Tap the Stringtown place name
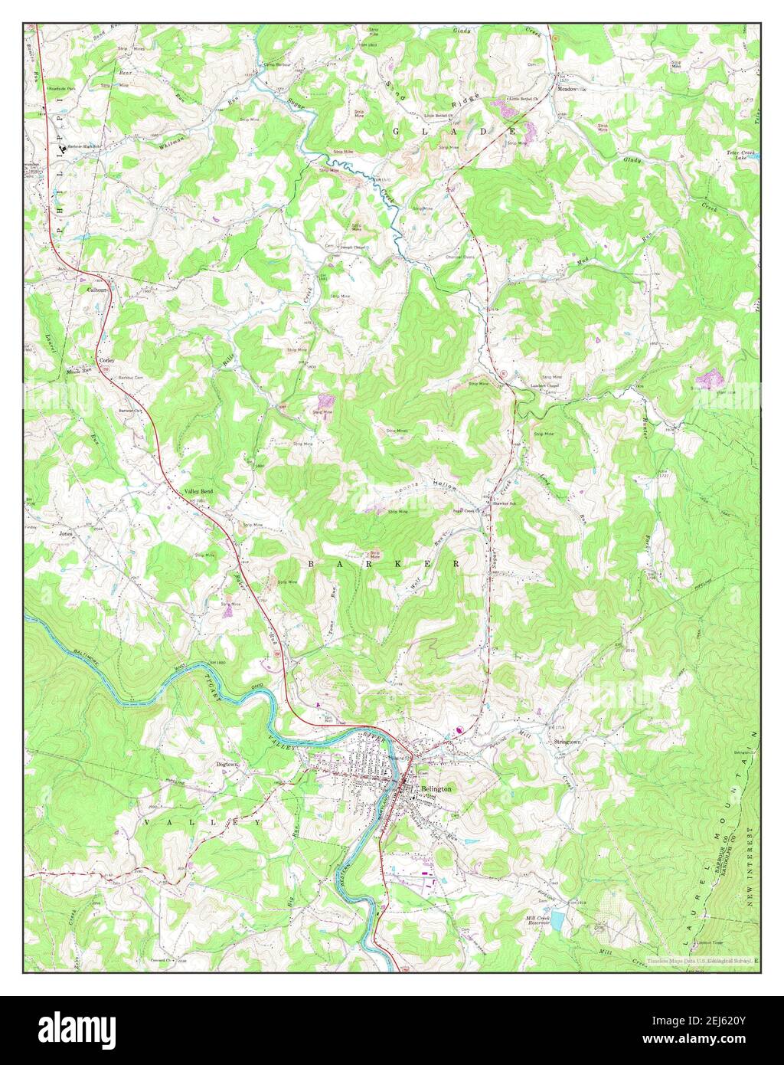click(567, 742)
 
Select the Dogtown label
click(227, 764)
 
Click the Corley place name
click(106, 359)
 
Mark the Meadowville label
click(570, 90)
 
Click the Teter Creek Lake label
click(740, 155)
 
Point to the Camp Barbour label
click(279, 65)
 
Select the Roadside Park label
click(62, 89)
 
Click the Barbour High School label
click(85, 146)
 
